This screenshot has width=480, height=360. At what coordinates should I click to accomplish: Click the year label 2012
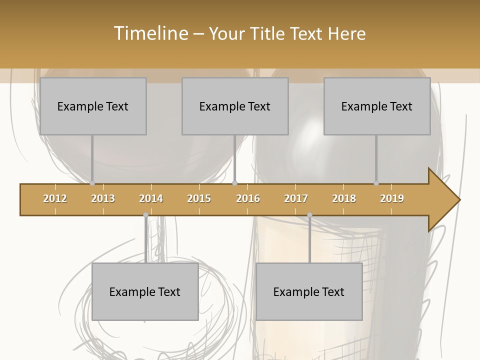pos(55,198)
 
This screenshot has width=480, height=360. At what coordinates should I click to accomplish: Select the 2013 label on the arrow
pos(103,198)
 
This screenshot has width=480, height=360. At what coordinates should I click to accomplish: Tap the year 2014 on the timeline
pos(151,198)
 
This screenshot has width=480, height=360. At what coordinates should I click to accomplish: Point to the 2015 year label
pos(199,198)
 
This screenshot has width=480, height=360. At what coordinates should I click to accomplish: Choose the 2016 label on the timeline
pos(248,198)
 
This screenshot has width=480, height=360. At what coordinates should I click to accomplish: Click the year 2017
pos(296,198)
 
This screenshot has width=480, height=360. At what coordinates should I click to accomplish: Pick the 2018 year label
pos(344,198)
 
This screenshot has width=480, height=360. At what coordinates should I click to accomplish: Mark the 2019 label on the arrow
pos(392,198)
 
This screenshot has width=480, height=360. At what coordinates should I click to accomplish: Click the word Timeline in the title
pos(150,33)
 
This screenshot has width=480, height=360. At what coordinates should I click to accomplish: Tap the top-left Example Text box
pos(93,106)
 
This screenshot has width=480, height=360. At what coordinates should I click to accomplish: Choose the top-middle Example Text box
pos(235,106)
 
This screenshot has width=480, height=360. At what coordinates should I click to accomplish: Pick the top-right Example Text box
pos(377,106)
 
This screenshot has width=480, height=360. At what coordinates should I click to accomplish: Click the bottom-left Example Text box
pos(145,291)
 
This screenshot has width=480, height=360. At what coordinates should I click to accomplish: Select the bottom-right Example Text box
pos(309,291)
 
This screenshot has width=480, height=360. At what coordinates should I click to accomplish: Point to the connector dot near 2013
pos(92,183)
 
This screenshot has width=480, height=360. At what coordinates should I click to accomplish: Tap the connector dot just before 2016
pos(235,183)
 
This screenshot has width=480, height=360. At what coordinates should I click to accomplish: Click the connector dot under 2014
pos(145,215)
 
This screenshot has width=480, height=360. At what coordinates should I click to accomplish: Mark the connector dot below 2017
pos(309,215)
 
